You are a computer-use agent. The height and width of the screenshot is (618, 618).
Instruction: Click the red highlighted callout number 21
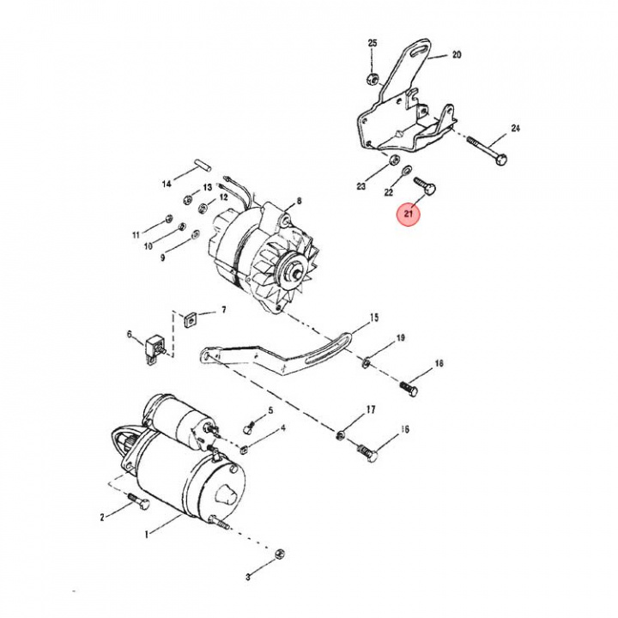(x=408, y=213)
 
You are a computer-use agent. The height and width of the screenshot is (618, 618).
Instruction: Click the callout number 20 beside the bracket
(x=457, y=54)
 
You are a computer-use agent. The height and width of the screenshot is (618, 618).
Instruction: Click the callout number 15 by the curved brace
(x=373, y=317)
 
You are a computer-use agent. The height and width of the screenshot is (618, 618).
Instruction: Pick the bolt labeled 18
(x=409, y=391)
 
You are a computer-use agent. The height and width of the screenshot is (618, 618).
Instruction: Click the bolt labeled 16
(x=366, y=448)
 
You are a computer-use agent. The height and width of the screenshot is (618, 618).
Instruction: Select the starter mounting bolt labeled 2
(x=137, y=501)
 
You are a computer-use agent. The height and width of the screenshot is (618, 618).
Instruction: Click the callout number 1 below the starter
(x=146, y=534)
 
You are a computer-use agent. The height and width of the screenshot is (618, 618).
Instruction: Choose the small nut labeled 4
(x=244, y=447)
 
